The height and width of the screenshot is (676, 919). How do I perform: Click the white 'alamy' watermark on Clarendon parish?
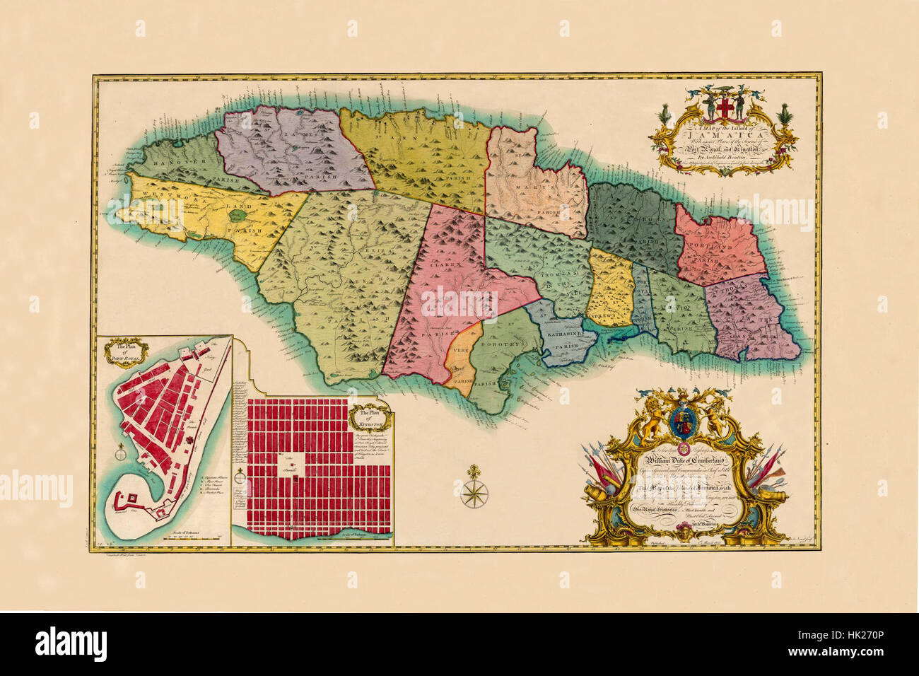pos(459,302)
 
